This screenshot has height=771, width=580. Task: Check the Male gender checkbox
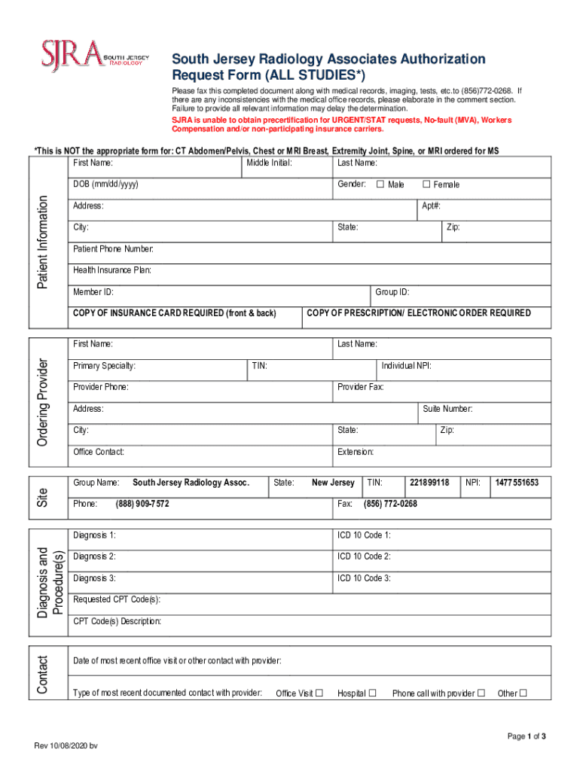pos(380,184)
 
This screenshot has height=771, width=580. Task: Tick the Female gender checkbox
pos(426,184)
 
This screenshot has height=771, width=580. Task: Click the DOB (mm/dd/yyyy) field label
pos(105,184)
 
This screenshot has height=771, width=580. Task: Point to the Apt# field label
pos(431,206)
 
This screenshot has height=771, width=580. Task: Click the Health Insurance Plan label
pos(112,270)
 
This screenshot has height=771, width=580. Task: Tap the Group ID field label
pos(392,292)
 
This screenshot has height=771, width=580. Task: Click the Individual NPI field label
pos(406,366)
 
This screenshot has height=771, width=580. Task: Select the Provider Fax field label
pos(361,387)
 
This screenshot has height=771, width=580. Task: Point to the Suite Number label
pos(447,409)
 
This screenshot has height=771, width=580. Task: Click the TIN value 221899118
pos(429,483)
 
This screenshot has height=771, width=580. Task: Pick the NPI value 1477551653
pos(516,483)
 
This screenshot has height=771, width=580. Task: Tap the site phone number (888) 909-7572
pos(142,504)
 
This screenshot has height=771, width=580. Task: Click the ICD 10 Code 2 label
pos(365,556)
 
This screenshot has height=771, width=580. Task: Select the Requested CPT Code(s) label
pos(117,600)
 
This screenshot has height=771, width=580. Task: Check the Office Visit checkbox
pos(319,693)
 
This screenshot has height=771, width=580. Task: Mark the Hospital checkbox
pos(372,693)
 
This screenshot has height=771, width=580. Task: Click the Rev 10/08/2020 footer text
pos(66,745)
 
